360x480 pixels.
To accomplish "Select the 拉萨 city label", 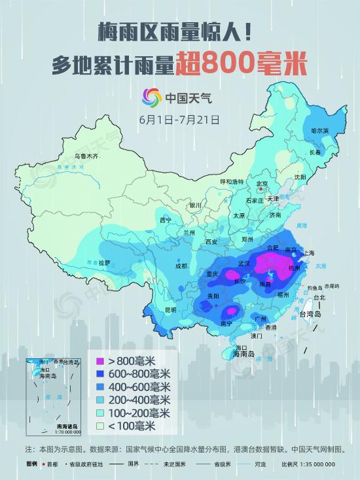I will [x=105, y=263].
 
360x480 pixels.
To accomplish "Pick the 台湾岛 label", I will [x=310, y=315].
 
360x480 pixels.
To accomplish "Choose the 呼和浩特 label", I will [x=231, y=181].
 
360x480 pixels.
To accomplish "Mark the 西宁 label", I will [x=166, y=220].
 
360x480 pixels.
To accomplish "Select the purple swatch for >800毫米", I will [x=100, y=360].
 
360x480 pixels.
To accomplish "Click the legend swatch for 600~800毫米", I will [x=100, y=373].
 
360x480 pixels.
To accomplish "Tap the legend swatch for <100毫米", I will [x=100, y=426].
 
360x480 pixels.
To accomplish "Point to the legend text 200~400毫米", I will [x=139, y=400].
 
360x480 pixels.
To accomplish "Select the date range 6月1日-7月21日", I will [x=179, y=120].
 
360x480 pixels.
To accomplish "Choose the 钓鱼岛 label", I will [x=315, y=287].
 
